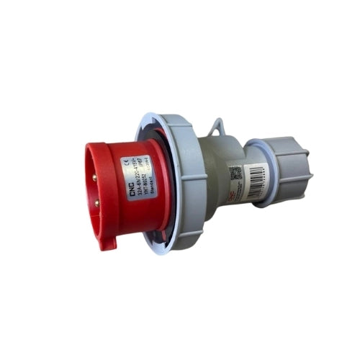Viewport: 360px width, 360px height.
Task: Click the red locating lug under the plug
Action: [107, 240]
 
